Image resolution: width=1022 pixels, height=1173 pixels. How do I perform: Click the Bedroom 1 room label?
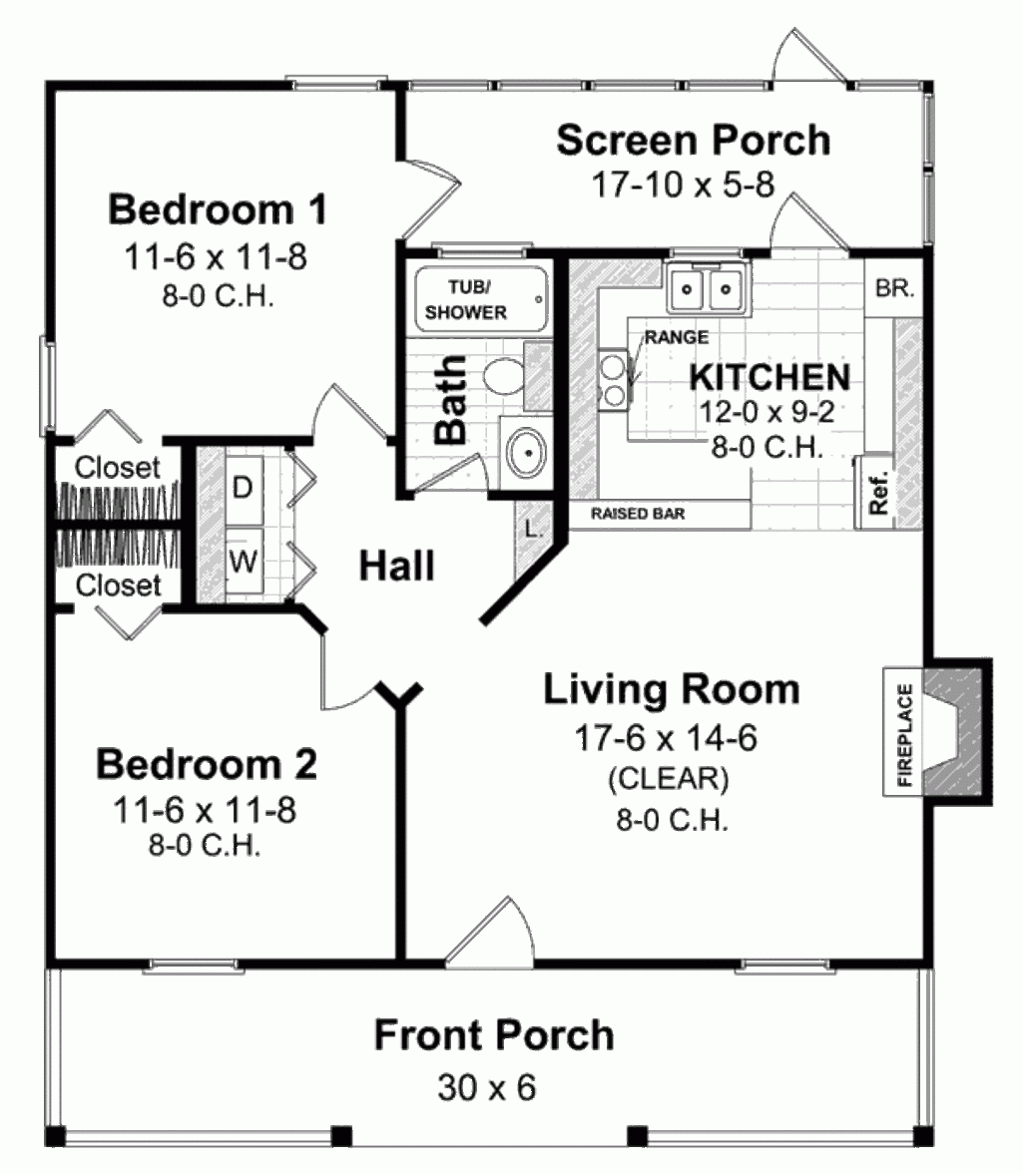pos(218,210)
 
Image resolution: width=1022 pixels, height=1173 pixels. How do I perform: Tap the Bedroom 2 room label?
pos(207,765)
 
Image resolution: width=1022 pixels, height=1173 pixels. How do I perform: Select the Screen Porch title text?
pos(693,141)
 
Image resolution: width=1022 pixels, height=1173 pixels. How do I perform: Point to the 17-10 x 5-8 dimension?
pos(685,186)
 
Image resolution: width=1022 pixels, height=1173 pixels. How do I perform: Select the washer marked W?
pos(242,562)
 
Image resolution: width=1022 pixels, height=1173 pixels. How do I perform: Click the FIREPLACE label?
pos(904,736)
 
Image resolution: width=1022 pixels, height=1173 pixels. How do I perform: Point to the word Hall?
pos(396,566)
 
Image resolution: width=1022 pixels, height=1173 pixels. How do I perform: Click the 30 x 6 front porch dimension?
pos(486,1087)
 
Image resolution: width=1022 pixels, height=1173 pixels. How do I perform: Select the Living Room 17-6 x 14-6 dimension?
pos(666,738)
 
